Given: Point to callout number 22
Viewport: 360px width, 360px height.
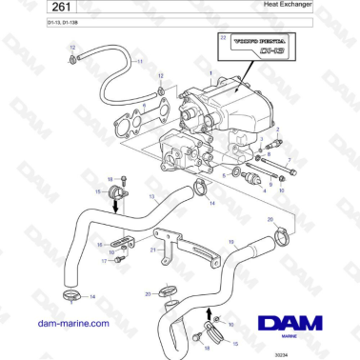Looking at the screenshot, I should [x=223, y=36].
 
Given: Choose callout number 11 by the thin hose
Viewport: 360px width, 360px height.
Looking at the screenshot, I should [x=139, y=61].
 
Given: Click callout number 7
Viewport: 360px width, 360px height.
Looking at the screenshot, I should [x=290, y=162].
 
